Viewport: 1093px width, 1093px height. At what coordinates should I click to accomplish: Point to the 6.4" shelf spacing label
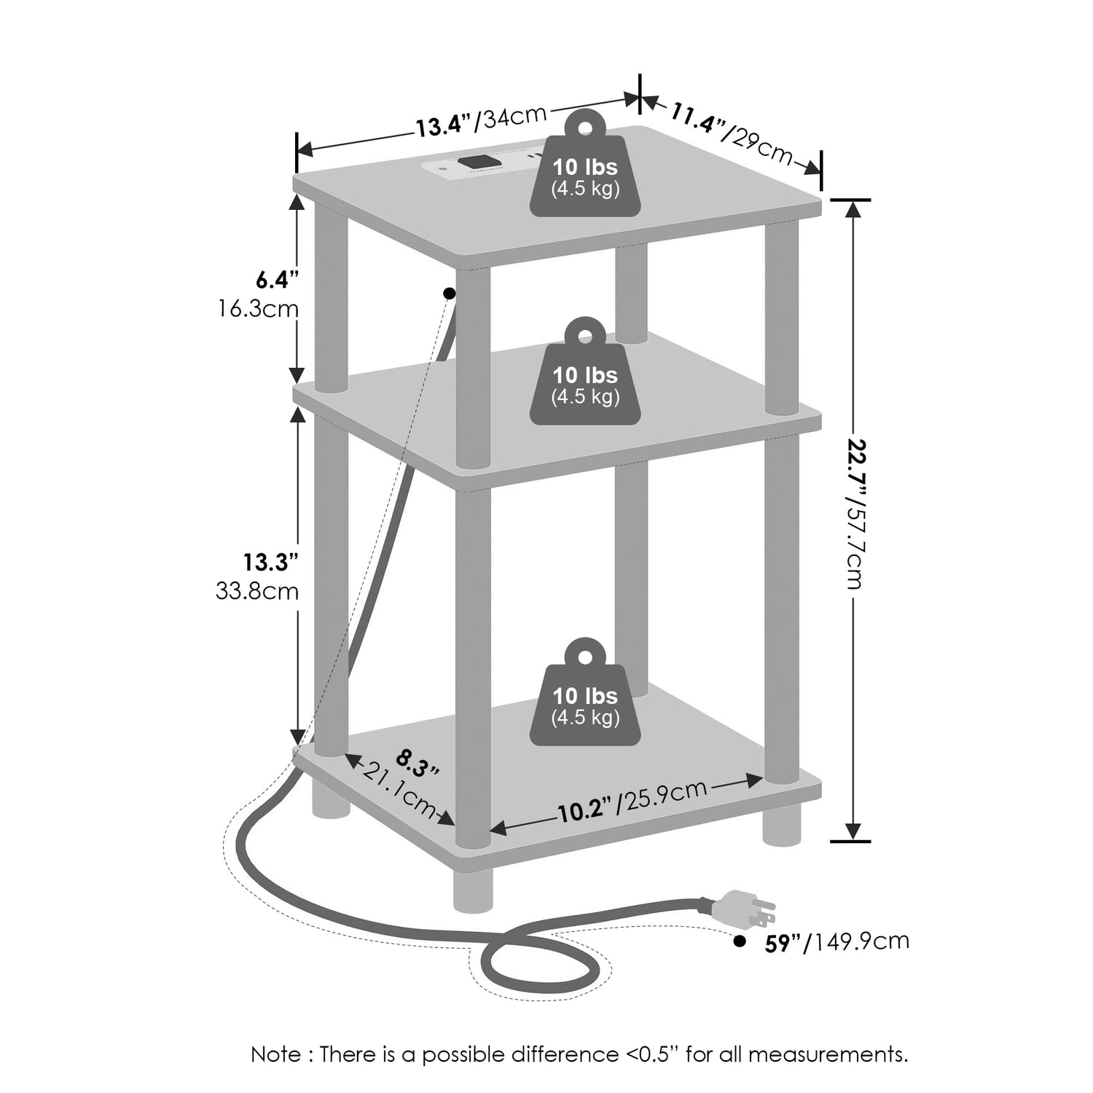click(x=278, y=279)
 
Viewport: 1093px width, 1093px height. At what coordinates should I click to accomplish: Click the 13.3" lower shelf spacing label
click(x=271, y=562)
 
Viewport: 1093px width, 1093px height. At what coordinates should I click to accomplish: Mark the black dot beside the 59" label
click(x=740, y=941)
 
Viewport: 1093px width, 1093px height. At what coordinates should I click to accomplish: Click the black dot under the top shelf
click(x=449, y=293)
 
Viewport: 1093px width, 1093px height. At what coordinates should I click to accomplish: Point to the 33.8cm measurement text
click(x=257, y=590)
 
